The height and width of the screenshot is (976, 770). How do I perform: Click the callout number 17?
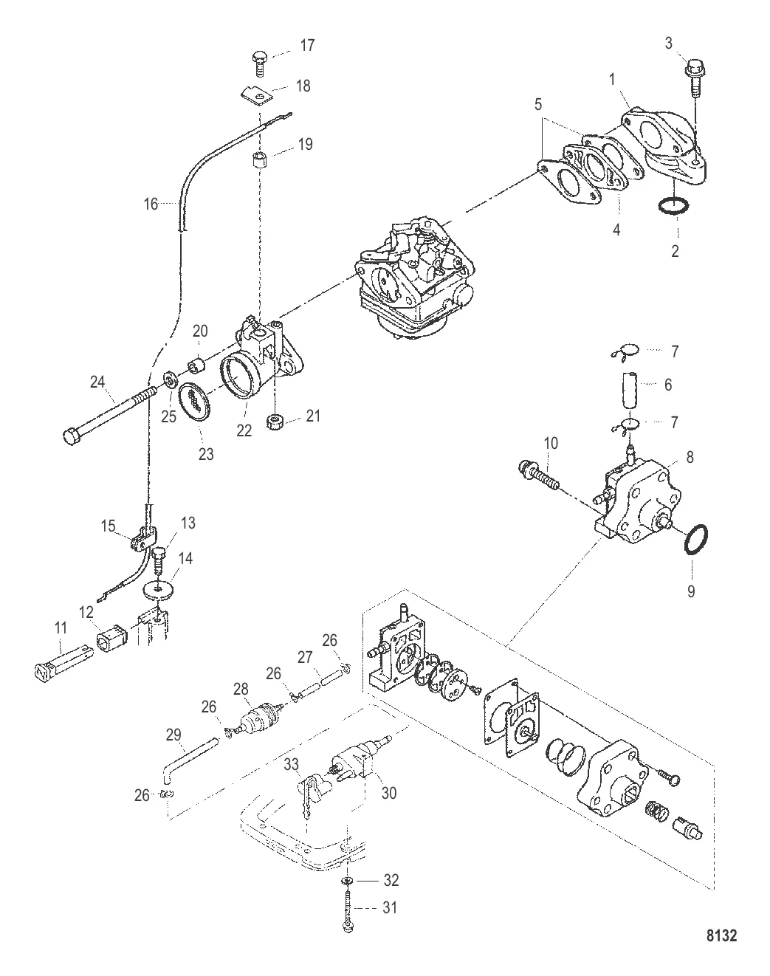(307, 46)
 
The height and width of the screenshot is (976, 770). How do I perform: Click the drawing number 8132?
(721, 935)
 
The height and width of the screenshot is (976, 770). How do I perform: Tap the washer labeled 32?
(347, 882)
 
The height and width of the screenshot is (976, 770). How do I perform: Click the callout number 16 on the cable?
(151, 204)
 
